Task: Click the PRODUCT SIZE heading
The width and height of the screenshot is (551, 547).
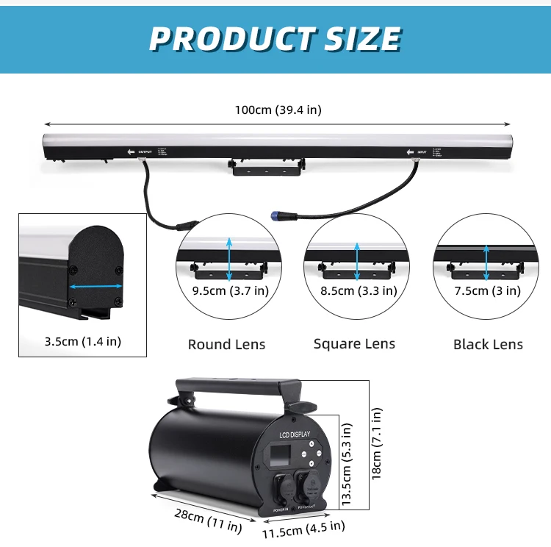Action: pyautogui.click(x=275, y=38)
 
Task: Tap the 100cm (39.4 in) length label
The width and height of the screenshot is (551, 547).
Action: pyautogui.click(x=278, y=110)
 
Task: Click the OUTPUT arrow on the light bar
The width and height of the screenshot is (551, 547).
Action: pyautogui.click(x=132, y=151)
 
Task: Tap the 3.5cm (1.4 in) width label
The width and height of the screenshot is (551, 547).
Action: pyautogui.click(x=83, y=341)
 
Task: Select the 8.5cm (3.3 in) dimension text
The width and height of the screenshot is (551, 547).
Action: pyautogui.click(x=359, y=290)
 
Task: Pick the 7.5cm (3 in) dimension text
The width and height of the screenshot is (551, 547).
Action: pyautogui.click(x=487, y=290)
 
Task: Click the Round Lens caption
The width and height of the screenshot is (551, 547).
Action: pyautogui.click(x=226, y=344)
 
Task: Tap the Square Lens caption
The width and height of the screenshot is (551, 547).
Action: pyautogui.click(x=354, y=343)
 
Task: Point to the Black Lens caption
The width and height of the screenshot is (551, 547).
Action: pyautogui.click(x=488, y=344)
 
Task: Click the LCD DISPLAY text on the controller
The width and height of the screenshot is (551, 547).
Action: pyautogui.click(x=295, y=435)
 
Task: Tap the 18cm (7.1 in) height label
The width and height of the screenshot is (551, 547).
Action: pyautogui.click(x=376, y=443)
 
